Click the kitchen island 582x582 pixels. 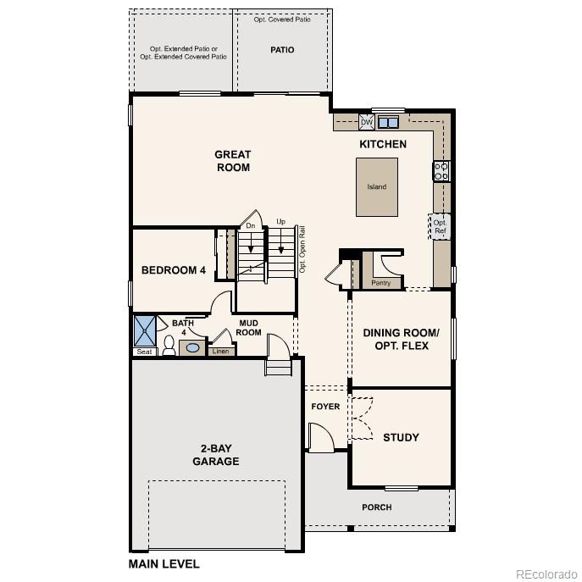point(376,186)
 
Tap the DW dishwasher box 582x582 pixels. point(366,122)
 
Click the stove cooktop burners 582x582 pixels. point(441,171)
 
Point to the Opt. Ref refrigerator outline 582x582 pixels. point(440,226)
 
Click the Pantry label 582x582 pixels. point(380,283)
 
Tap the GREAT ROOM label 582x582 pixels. point(232,161)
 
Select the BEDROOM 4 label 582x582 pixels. point(174,270)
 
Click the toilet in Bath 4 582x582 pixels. point(169,346)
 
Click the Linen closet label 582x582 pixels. point(220,351)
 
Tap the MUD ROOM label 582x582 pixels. point(248,328)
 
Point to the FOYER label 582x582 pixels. point(325,407)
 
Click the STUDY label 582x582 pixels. point(401,438)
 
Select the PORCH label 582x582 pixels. point(377,507)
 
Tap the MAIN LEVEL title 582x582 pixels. point(164,563)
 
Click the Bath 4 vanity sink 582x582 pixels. point(194,347)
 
